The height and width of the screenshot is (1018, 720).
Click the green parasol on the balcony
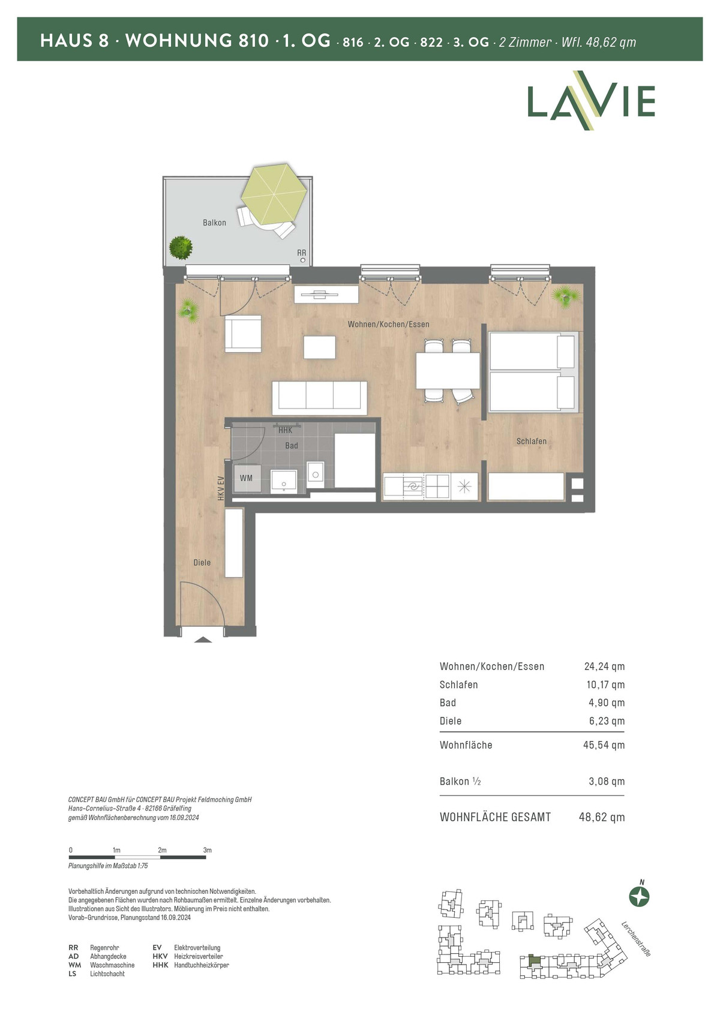(273, 194)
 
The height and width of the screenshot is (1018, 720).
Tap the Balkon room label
(214, 223)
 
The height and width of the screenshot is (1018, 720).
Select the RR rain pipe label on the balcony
(301, 253)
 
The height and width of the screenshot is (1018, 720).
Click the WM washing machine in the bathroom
(247, 478)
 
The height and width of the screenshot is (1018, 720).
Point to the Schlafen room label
(531, 442)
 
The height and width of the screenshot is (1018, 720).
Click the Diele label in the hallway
(202, 563)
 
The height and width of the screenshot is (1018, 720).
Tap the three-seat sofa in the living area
(319, 398)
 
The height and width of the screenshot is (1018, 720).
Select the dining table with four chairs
(448, 370)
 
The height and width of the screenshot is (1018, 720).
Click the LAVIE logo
(591, 100)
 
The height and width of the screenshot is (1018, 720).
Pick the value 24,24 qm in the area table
(604, 666)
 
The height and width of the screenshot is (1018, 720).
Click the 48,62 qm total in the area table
(601, 817)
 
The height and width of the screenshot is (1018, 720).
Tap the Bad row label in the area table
(448, 702)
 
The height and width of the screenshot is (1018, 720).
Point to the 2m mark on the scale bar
(162, 850)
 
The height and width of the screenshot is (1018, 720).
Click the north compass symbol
(639, 897)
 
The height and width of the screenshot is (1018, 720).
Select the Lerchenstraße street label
(636, 939)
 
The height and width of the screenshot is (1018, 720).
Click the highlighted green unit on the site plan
(536, 960)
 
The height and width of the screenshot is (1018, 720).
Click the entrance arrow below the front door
(203, 640)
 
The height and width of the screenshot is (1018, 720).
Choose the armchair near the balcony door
(243, 334)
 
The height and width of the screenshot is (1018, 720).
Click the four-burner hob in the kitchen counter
(437, 487)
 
